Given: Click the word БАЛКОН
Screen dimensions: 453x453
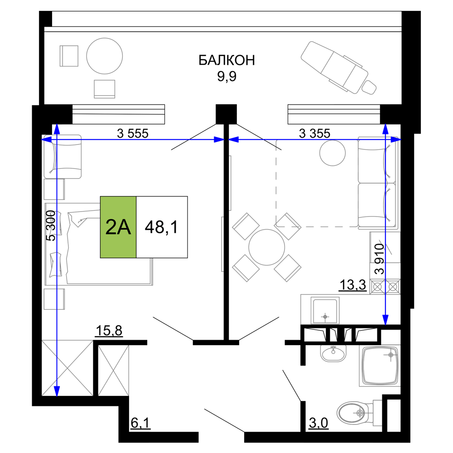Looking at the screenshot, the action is pyautogui.click(x=227, y=60).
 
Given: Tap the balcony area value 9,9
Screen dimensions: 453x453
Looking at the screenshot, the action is pyautogui.click(x=227, y=76).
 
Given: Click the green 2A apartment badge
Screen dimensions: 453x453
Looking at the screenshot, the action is pyautogui.click(x=118, y=227).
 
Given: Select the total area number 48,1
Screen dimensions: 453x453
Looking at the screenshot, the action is pyautogui.click(x=162, y=227).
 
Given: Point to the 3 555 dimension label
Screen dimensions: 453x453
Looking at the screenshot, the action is pyautogui.click(x=133, y=134).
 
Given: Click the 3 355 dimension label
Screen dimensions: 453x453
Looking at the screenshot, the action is pyautogui.click(x=315, y=134).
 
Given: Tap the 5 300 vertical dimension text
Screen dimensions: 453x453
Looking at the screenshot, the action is pyautogui.click(x=51, y=226).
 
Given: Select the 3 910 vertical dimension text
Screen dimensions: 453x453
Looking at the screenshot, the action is pyautogui.click(x=379, y=259).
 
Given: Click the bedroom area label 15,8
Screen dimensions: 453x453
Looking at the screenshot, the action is pyautogui.click(x=109, y=331).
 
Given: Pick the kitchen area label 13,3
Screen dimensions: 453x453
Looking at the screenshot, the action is pyautogui.click(x=352, y=285).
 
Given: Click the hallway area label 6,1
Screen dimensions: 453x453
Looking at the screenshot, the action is pyautogui.click(x=140, y=423).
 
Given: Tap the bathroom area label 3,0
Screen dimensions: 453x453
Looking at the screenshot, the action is pyautogui.click(x=318, y=423).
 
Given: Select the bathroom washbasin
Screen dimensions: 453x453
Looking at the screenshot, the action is pyautogui.click(x=333, y=353).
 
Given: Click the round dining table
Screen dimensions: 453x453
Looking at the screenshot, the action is pyautogui.click(x=267, y=247).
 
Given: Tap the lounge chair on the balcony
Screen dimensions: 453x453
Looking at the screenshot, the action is pyautogui.click(x=338, y=68).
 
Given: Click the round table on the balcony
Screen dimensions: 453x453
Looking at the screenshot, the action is pyautogui.click(x=105, y=56).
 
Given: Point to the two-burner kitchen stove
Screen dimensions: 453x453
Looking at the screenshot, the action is pyautogui.click(x=385, y=287).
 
